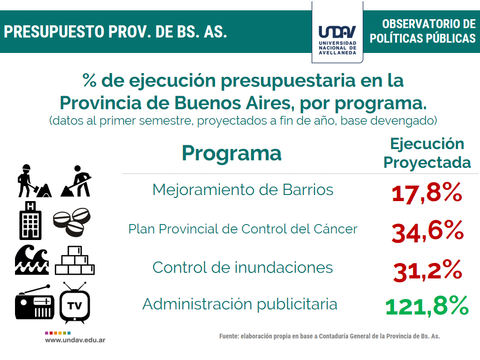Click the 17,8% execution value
(x=427, y=193)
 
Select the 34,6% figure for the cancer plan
(x=427, y=232)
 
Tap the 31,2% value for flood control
(x=427, y=270)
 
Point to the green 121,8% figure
(x=427, y=306)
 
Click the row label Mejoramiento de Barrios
(x=243, y=190)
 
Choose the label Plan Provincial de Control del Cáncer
(x=243, y=229)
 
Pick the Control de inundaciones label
(x=242, y=267)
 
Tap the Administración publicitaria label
(x=240, y=304)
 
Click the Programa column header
(x=232, y=154)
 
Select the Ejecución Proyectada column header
(x=427, y=153)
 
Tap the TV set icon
(x=75, y=303)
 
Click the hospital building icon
(x=30, y=220)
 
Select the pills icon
(x=72, y=222)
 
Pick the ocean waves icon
(x=32, y=260)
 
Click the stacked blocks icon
(x=75, y=260)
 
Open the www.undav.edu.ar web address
(x=75, y=340)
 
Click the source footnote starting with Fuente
(x=330, y=336)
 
